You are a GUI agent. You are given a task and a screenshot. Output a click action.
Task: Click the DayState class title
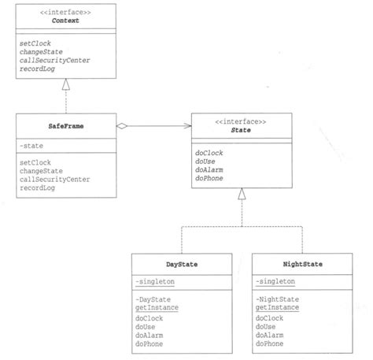(182, 265)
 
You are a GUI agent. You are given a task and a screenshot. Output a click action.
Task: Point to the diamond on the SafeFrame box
(122, 126)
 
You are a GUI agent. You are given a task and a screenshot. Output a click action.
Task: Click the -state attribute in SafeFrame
(33, 145)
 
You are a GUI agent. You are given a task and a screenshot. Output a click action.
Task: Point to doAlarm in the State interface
(210, 170)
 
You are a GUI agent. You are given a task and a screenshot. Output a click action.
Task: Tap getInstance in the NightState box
(276, 308)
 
